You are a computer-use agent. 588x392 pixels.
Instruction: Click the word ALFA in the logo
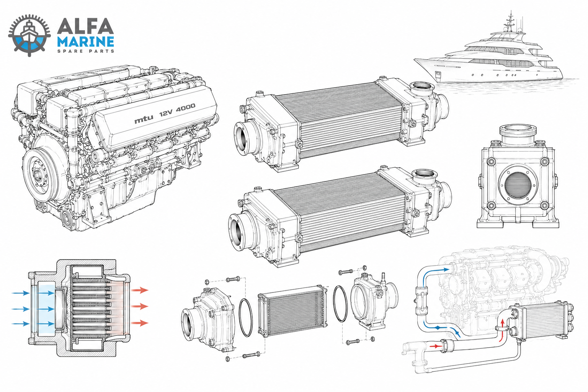click(x=85, y=26)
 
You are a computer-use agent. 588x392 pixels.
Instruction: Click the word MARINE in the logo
click(x=86, y=42)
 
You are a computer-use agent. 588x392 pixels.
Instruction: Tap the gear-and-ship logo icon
click(x=29, y=36)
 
